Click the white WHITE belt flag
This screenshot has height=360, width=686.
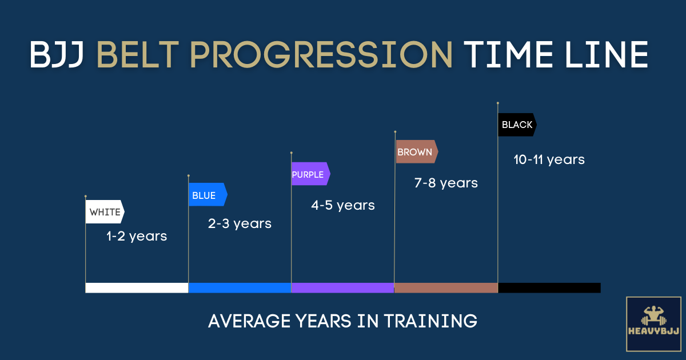tap(105, 211)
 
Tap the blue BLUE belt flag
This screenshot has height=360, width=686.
tap(208, 194)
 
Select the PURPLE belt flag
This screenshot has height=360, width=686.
tap(311, 174)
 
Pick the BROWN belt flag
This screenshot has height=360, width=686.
tap(417, 151)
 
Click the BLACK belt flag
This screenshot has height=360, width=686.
tap(517, 125)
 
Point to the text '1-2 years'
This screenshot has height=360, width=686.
tap(137, 237)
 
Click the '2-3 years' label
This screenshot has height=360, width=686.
tap(240, 224)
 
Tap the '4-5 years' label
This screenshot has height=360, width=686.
tap(342, 205)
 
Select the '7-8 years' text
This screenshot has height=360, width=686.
tap(446, 183)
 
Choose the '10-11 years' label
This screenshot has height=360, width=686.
tap(549, 160)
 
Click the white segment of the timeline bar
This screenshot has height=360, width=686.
tap(137, 288)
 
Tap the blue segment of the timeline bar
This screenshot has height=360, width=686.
tap(240, 288)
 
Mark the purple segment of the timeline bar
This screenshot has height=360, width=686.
tap(342, 288)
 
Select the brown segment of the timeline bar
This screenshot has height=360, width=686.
tap(446, 288)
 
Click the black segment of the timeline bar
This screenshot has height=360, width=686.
tap(549, 288)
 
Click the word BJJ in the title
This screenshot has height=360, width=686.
tap(57, 54)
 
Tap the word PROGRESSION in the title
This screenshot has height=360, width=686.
tap(321, 54)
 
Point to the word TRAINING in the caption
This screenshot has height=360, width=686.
tap(430, 321)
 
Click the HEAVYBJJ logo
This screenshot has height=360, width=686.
tap(653, 324)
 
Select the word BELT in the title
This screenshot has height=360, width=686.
tap(138, 54)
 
